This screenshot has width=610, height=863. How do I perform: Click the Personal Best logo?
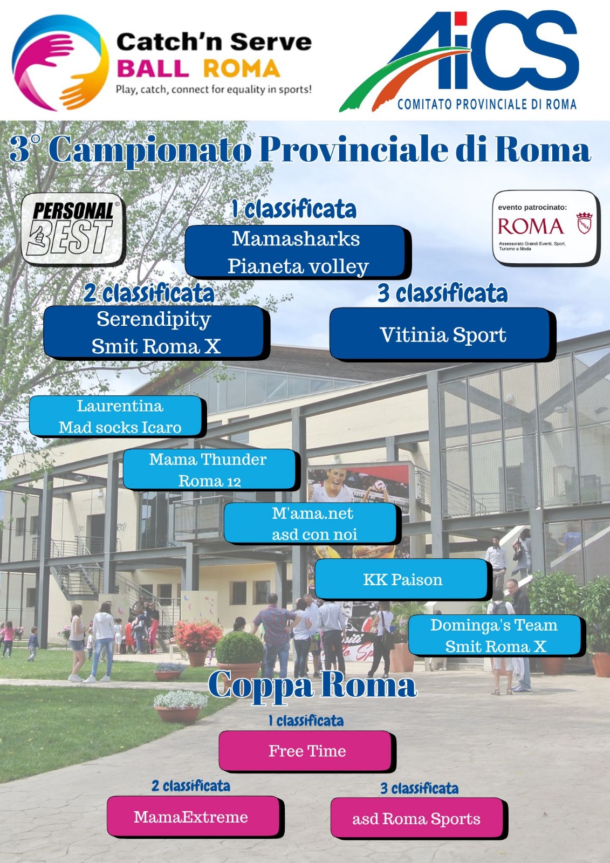[x=73, y=229]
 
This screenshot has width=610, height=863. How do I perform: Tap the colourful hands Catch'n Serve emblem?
[x=60, y=63]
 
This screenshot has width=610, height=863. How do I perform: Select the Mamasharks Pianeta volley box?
[x=297, y=252]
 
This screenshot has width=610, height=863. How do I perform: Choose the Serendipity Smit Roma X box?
[x=156, y=333]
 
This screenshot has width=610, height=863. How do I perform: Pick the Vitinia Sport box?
[x=442, y=334]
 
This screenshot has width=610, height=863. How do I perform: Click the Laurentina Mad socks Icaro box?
[x=118, y=416]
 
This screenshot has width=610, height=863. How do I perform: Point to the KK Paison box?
[x=403, y=579]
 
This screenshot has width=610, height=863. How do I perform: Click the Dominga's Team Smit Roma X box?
[x=496, y=635]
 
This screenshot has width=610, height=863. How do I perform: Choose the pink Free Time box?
[x=307, y=751]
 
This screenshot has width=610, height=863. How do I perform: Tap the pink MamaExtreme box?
[x=195, y=817]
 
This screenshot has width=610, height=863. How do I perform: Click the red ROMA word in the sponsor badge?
[x=530, y=227]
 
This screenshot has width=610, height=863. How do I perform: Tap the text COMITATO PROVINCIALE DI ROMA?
[x=487, y=104]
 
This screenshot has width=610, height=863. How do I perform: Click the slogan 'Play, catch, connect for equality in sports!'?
[x=214, y=90]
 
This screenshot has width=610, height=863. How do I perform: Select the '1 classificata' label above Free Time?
[x=306, y=721]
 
